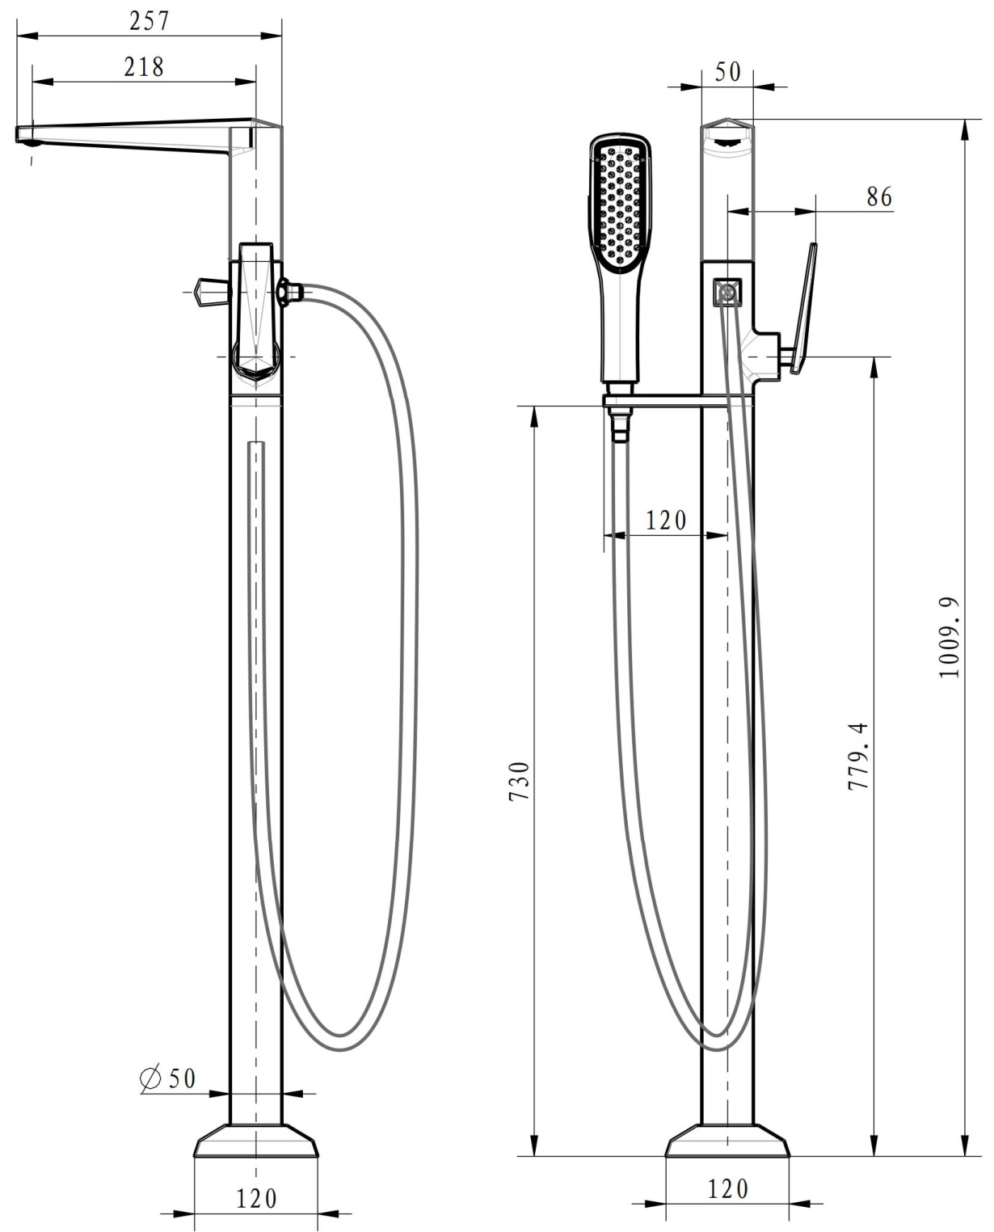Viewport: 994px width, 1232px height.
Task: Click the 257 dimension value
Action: [149, 21]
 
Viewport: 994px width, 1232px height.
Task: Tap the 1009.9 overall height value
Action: [948, 637]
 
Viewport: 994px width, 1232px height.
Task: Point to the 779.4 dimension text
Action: [857, 756]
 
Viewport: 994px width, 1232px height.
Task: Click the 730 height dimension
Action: [519, 782]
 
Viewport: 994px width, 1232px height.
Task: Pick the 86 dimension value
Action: [879, 197]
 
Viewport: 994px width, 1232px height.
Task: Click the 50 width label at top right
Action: [727, 72]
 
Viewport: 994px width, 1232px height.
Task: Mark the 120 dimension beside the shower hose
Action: [666, 521]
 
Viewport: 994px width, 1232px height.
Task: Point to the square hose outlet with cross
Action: [727, 292]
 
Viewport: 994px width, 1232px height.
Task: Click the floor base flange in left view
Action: [256, 1141]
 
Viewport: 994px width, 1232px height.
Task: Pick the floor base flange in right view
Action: [727, 1141]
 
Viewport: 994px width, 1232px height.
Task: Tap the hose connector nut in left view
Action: [292, 292]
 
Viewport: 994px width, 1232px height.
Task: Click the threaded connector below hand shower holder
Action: [619, 424]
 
